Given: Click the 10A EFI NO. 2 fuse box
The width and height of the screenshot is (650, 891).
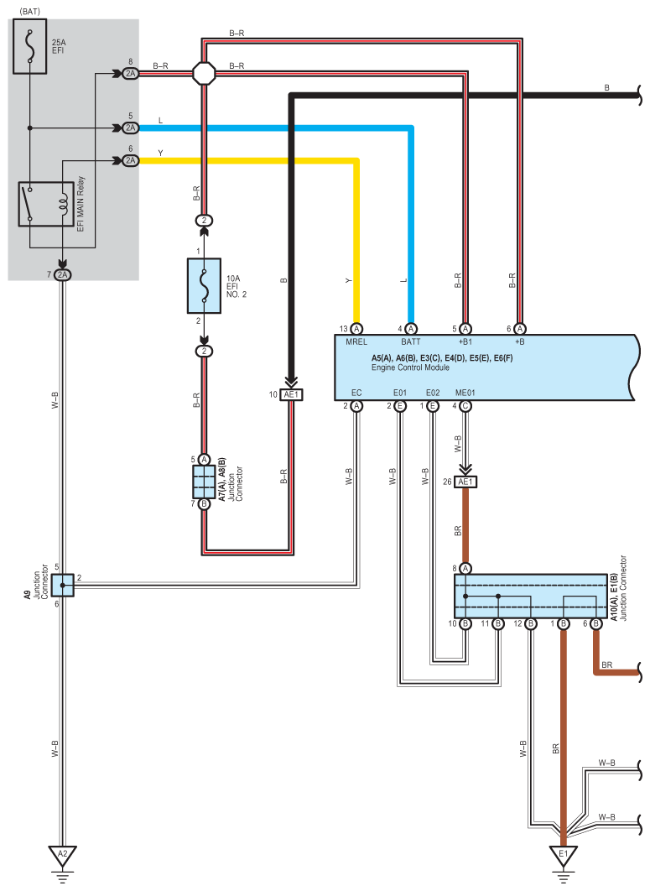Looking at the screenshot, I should point(203,285).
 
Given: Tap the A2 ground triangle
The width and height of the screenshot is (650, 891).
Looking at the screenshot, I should point(60,856).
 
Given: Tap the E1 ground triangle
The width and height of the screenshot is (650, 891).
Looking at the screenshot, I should point(563,856).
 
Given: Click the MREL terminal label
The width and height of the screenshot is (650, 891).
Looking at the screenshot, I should point(356,342).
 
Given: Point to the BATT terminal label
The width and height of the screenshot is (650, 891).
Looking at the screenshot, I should point(411,342).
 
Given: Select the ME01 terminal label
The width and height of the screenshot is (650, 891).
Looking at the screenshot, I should point(465,393).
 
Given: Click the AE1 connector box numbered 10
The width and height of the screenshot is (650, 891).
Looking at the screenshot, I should point(291,394).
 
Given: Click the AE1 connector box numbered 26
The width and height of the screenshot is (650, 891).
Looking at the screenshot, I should point(465,482).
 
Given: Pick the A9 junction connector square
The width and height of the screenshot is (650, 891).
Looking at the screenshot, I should point(62,585).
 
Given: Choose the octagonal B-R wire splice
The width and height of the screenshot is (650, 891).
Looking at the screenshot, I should point(204,74).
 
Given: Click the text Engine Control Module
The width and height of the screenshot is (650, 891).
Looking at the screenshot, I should point(410,367).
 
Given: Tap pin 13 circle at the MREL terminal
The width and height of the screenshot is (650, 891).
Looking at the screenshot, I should point(356,328).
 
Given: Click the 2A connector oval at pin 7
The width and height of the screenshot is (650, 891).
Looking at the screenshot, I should point(63,275).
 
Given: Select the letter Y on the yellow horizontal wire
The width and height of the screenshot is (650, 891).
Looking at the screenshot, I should point(160,153).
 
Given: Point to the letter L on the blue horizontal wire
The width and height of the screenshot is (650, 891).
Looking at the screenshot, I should point(160,122).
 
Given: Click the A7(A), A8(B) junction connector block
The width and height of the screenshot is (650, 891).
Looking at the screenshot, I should point(204,482).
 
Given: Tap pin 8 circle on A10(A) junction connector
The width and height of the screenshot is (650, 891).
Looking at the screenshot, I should point(465,568).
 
